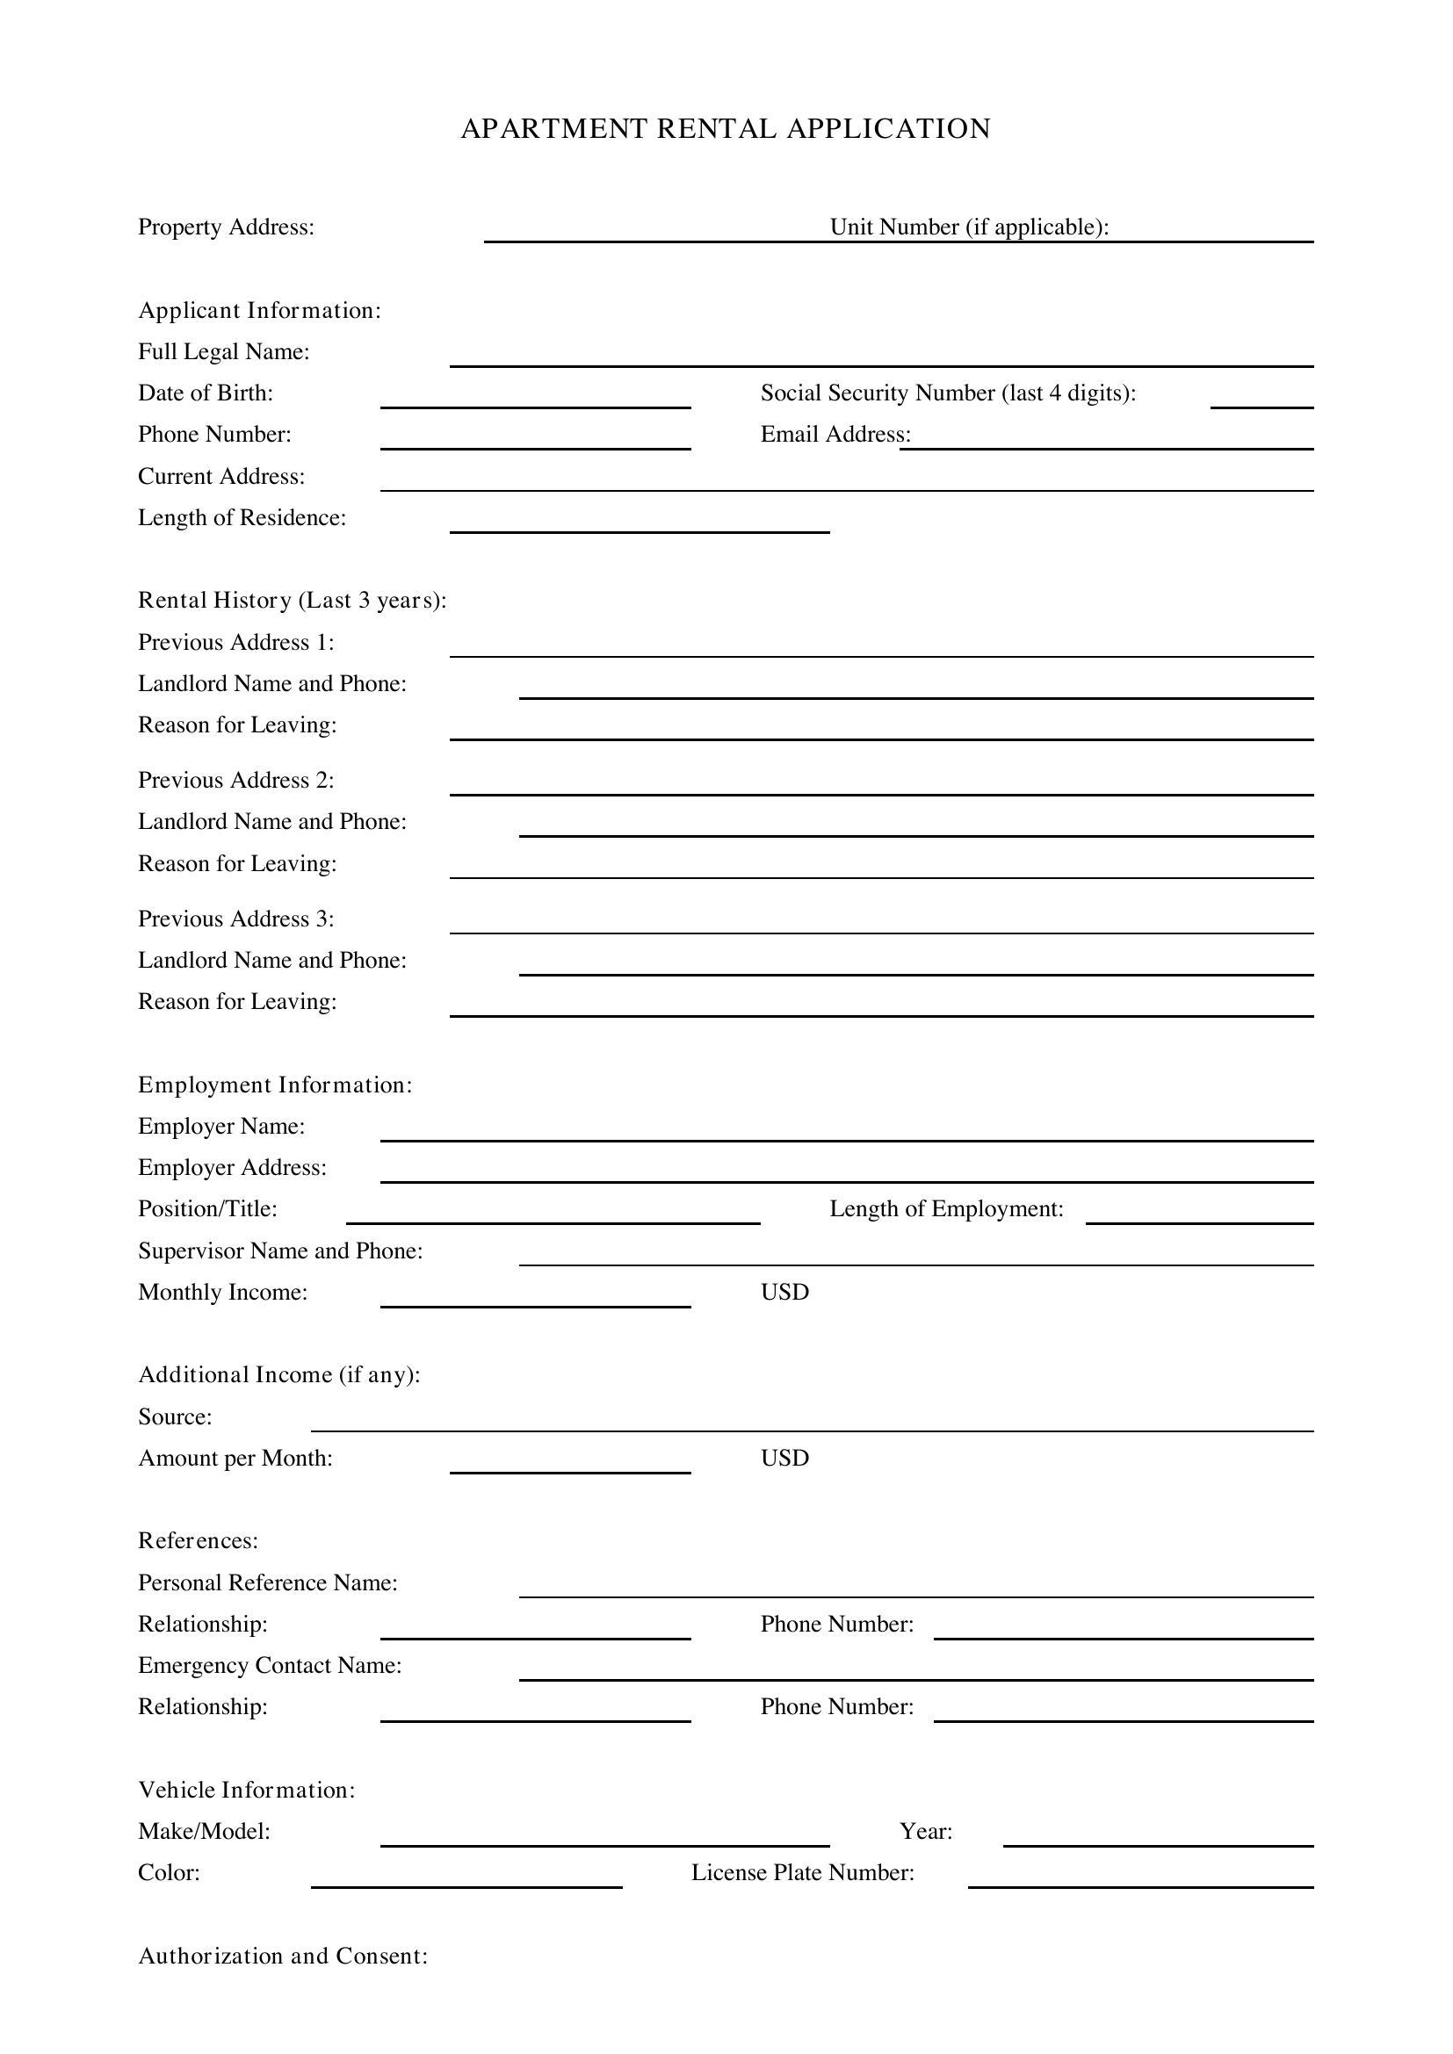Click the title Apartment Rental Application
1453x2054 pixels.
point(725,129)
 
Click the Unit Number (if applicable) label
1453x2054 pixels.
point(969,227)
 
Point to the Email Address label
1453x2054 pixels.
point(834,435)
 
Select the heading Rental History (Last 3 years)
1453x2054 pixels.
point(292,601)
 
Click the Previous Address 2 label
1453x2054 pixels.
point(235,780)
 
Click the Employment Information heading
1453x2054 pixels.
point(275,1085)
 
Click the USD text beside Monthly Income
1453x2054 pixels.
point(784,1292)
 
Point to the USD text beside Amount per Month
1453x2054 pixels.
point(784,1459)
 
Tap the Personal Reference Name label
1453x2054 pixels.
point(268,1582)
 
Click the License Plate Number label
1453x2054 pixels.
point(802,1873)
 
